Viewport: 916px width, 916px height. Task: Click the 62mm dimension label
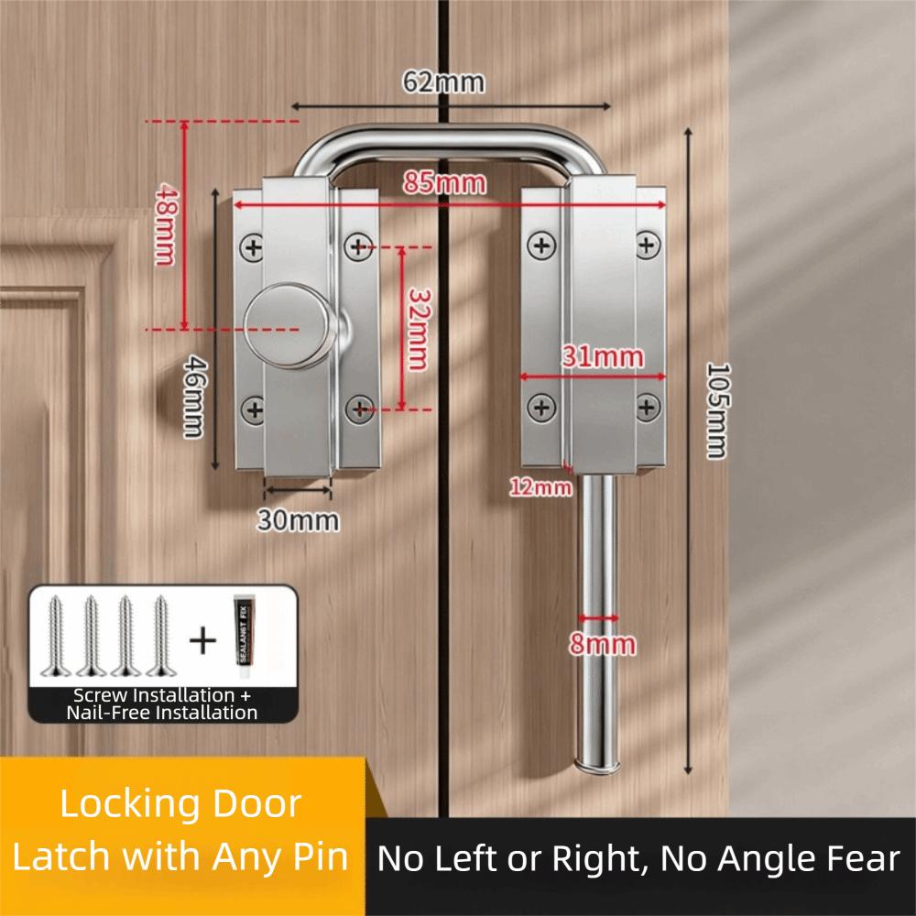(x=443, y=82)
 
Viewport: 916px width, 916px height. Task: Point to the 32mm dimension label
(x=419, y=329)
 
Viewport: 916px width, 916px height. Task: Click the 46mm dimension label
(x=192, y=397)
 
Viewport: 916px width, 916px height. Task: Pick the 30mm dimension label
(x=297, y=520)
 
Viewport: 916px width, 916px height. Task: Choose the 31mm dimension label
(x=603, y=357)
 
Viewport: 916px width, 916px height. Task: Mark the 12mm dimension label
(x=540, y=487)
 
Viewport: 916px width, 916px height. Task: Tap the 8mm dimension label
(x=601, y=643)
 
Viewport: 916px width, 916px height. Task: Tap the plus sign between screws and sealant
(x=202, y=638)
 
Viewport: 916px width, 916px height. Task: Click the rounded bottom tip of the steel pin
(x=597, y=763)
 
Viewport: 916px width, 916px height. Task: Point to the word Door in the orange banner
(x=256, y=804)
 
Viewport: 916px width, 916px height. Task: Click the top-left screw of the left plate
(x=252, y=245)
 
